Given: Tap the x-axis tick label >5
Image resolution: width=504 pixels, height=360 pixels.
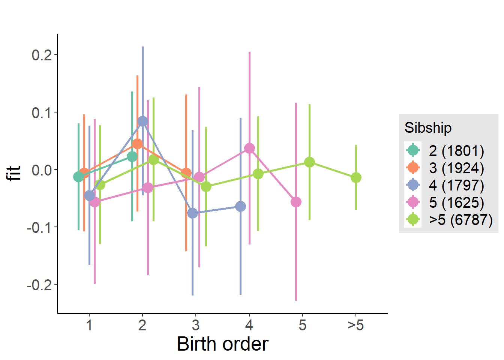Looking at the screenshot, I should point(355,325).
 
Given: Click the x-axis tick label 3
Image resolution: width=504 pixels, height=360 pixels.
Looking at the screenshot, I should point(196,325).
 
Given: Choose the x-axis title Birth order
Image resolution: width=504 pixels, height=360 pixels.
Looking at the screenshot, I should point(222,344).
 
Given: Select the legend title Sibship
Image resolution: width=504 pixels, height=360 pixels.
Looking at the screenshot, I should point(428,128).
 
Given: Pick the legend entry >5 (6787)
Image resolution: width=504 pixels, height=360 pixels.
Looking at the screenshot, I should point(460,220).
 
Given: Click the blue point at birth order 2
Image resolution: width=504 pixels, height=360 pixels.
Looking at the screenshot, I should point(142,121).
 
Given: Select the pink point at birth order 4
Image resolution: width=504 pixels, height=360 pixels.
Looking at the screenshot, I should point(249,148).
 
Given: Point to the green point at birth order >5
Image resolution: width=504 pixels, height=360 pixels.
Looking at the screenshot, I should point(356,177).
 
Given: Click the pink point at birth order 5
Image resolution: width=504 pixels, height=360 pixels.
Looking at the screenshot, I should point(296,202).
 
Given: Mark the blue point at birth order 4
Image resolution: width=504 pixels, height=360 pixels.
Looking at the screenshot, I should point(240,207).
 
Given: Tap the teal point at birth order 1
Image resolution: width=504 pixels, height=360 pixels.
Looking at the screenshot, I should point(78,177).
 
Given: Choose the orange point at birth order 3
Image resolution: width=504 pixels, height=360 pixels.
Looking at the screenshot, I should point(186,173).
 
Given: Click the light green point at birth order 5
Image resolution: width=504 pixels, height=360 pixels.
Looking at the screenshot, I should point(309,162).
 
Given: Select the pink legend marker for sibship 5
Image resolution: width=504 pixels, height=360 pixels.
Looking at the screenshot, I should point(413,202).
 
